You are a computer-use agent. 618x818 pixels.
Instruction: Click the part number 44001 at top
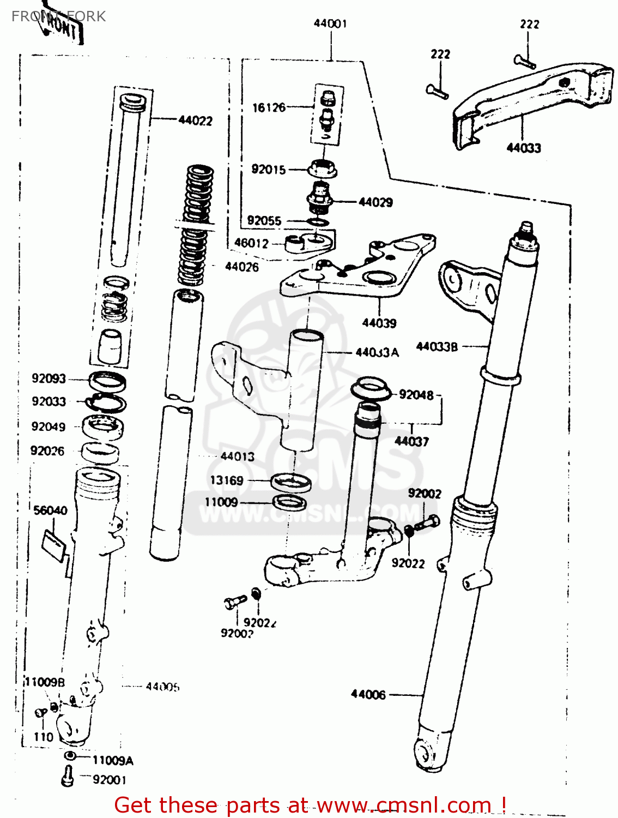(330, 23)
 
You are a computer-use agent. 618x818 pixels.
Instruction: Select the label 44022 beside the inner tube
(195, 121)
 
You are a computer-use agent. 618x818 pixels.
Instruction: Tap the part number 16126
(269, 107)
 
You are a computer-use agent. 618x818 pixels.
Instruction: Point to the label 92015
(268, 170)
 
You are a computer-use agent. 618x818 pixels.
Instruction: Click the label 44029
(375, 202)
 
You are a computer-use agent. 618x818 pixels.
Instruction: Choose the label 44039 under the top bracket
(379, 323)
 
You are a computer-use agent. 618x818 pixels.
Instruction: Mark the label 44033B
(437, 346)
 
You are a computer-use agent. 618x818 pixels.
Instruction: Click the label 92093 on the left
(49, 378)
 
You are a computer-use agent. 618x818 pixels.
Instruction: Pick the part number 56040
(50, 510)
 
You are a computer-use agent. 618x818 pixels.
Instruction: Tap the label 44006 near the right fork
(368, 694)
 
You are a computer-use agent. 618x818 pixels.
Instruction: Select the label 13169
(227, 480)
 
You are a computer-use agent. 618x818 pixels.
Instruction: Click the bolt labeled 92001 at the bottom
(68, 776)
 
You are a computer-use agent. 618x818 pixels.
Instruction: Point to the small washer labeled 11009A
(70, 756)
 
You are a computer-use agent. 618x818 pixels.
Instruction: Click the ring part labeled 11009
(289, 502)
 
